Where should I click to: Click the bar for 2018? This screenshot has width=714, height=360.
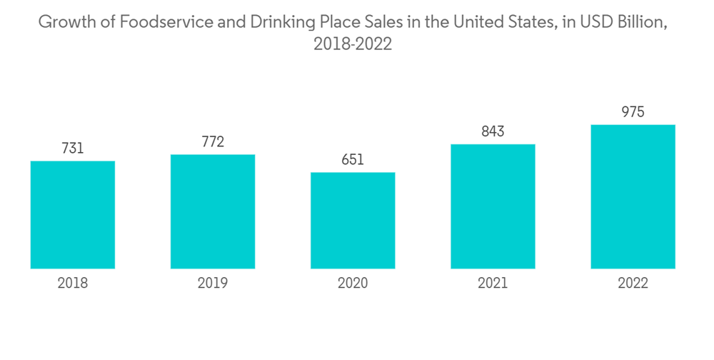tap(73, 214)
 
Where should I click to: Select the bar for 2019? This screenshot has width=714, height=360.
tap(213, 211)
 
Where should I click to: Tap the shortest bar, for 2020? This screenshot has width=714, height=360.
tap(353, 220)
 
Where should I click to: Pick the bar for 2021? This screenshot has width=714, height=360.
tap(493, 206)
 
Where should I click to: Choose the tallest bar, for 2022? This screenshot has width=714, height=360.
tap(633, 196)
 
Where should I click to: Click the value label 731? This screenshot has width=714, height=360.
tap(73, 149)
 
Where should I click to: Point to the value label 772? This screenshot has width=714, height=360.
tap(213, 142)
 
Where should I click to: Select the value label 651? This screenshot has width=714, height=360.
tap(353, 160)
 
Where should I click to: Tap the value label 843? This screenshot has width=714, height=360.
tap(493, 132)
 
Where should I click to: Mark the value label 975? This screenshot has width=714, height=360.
tap(633, 112)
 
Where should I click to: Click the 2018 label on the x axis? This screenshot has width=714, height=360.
tap(73, 284)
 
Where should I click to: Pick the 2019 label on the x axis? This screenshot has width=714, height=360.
tap(213, 284)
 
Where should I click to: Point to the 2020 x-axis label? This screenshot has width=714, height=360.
tap(353, 284)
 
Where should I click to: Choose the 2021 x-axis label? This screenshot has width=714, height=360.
tap(493, 284)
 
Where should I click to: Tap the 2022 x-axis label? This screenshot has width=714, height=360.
tap(633, 284)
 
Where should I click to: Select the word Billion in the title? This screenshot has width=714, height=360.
tap(642, 22)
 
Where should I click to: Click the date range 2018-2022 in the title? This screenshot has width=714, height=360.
tap(353, 44)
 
